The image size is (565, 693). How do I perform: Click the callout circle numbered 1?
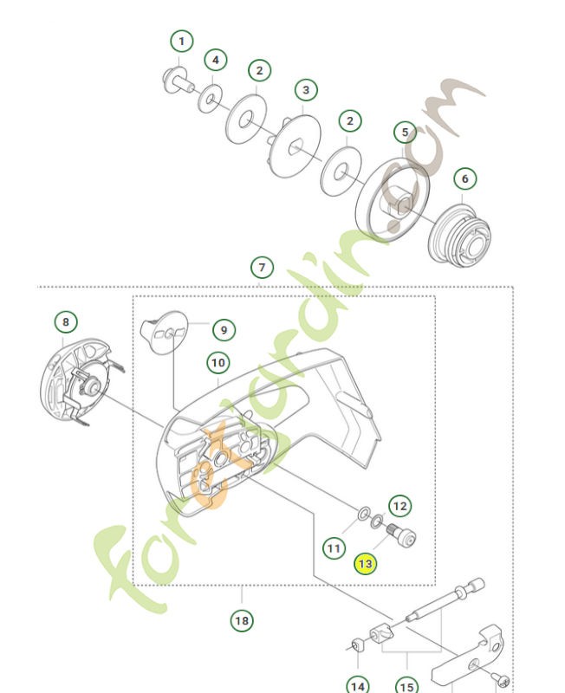pos(181,42)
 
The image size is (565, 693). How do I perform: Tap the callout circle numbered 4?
pos(216,61)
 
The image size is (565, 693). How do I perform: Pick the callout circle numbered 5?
pos(405,133)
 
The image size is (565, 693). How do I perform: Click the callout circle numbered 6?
pos(464,178)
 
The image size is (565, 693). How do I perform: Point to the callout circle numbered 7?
pos(261,267)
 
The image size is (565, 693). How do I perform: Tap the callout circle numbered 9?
pos(223,329)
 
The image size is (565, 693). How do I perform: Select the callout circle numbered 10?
pos(217,363)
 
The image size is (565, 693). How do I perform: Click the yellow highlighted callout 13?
pos(365,563)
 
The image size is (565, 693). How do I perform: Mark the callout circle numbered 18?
pos(242,619)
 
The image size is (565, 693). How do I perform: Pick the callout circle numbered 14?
pos(357,683)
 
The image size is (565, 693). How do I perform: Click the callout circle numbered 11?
pos(334,547)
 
